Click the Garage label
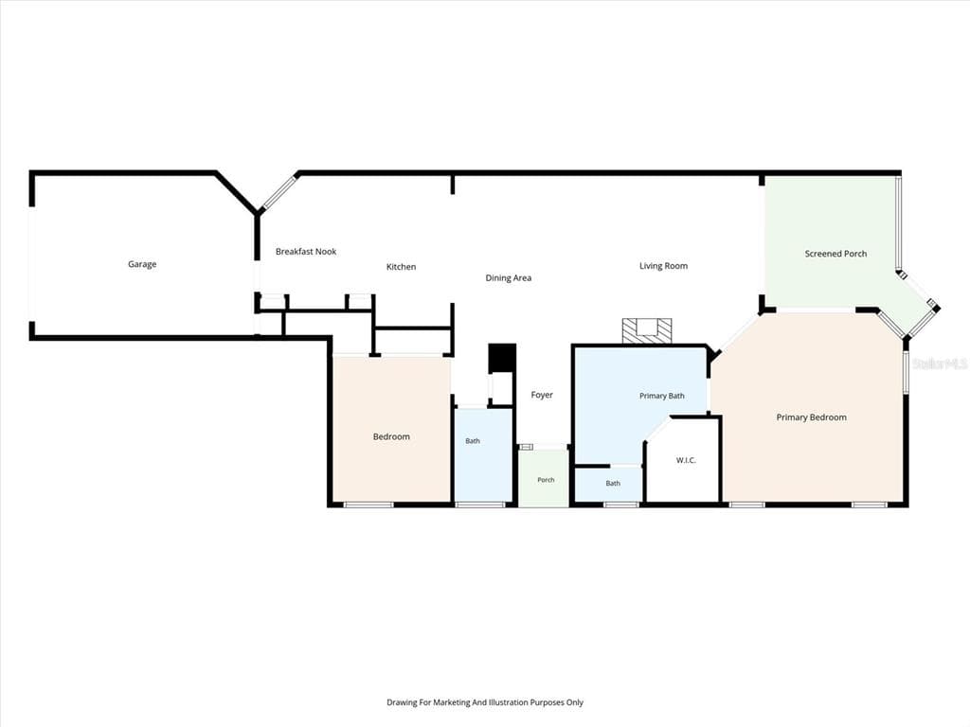(x=142, y=264)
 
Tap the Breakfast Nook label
(x=306, y=251)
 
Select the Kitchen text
(x=401, y=266)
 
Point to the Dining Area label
(x=509, y=278)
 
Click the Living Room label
(x=663, y=266)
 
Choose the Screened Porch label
(x=835, y=254)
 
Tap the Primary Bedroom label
(x=812, y=417)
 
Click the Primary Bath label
(x=662, y=396)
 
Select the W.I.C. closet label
(x=686, y=460)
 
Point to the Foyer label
(x=542, y=395)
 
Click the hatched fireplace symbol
(x=647, y=330)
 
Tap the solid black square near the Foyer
(x=502, y=359)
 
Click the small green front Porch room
(x=544, y=477)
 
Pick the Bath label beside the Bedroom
(x=473, y=441)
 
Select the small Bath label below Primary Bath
(x=613, y=484)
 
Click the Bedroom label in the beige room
(x=391, y=436)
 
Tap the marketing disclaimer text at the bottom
(x=485, y=702)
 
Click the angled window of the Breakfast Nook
(x=278, y=193)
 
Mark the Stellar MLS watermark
(x=940, y=363)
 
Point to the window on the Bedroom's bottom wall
(x=368, y=505)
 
